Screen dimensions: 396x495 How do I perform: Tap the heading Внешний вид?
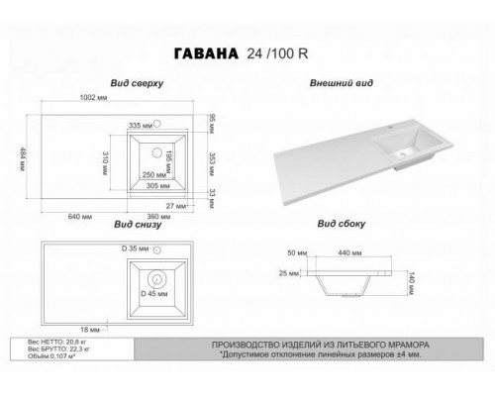pos(342,85)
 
